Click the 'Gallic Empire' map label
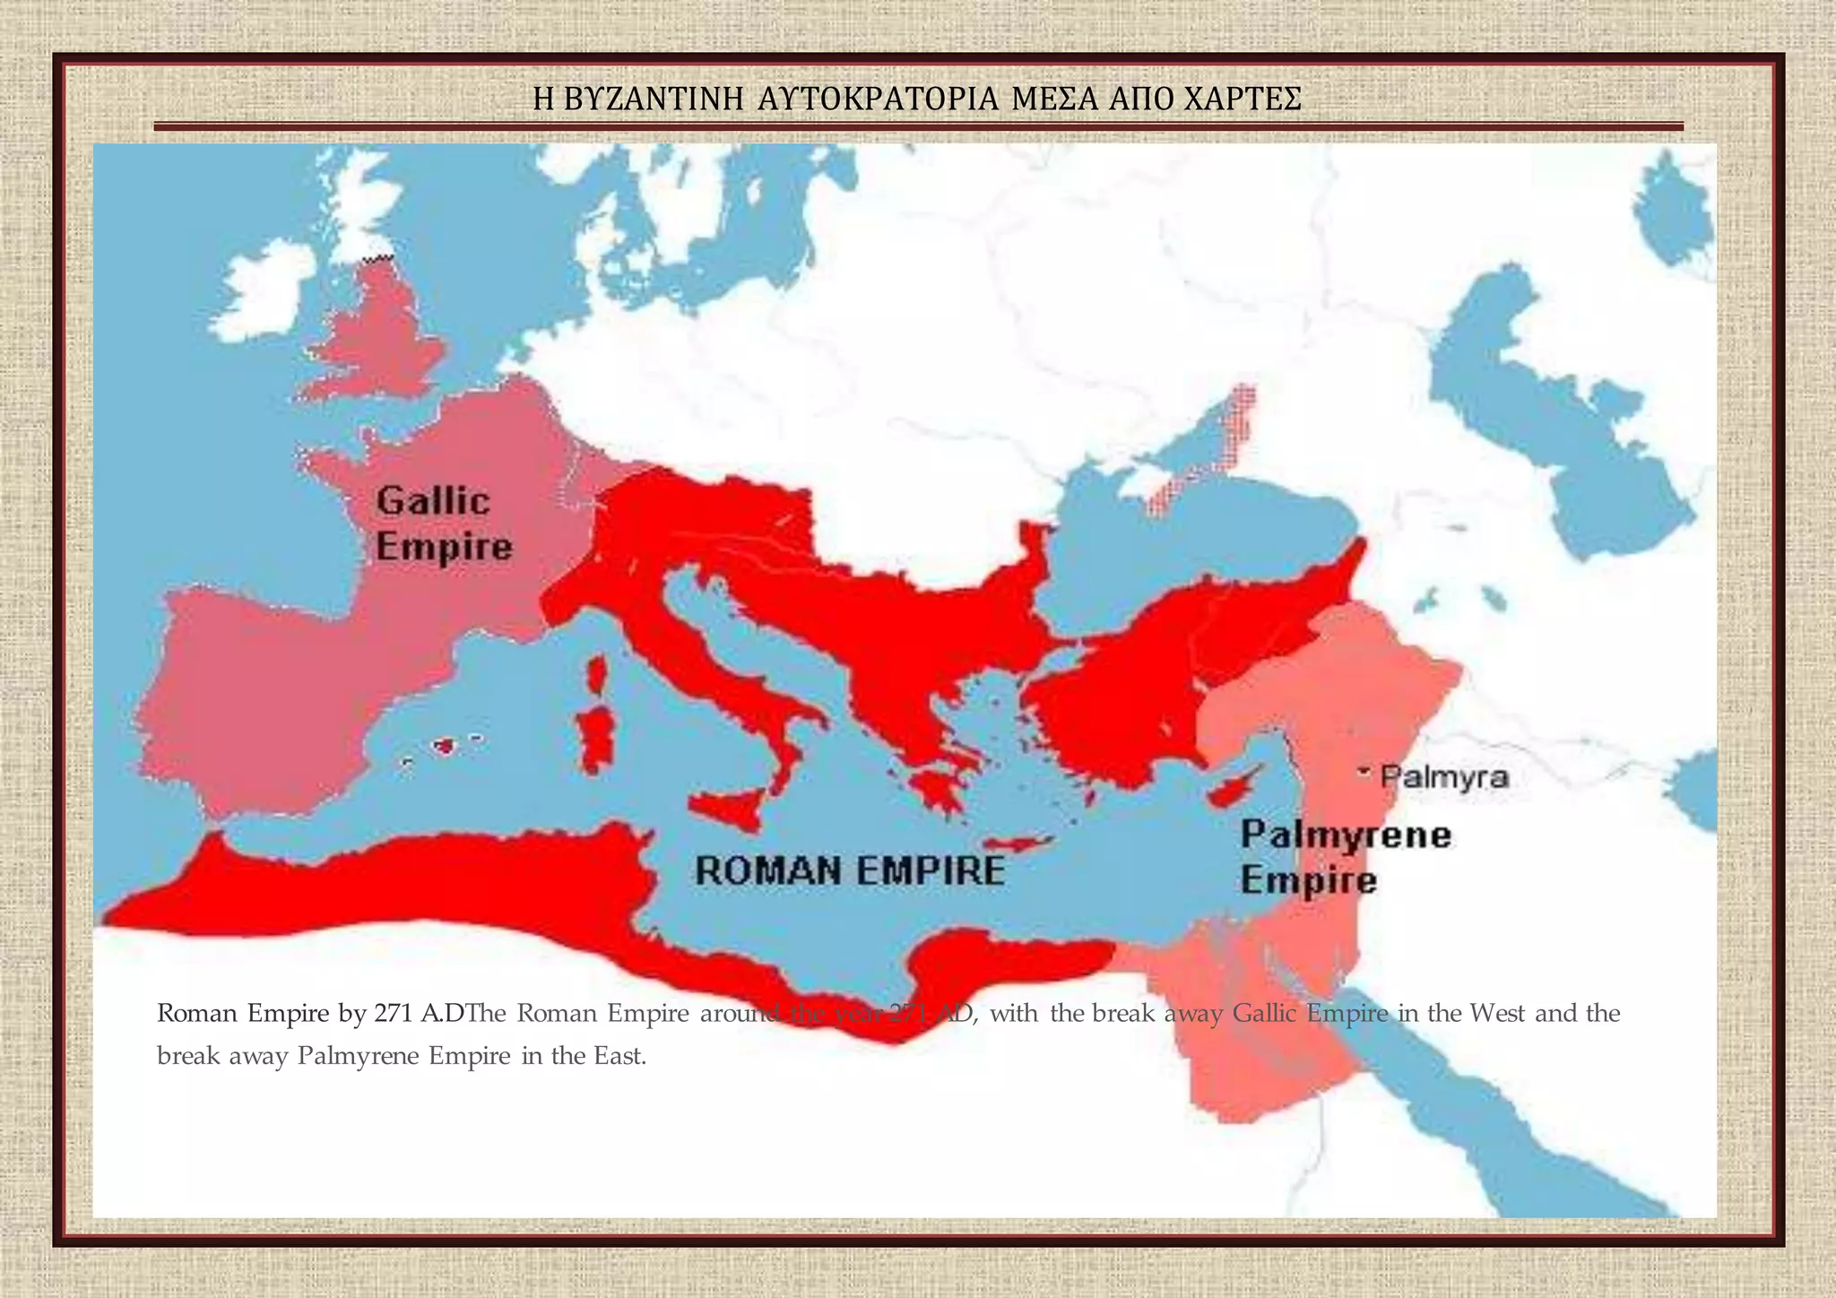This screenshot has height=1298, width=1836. coord(444,524)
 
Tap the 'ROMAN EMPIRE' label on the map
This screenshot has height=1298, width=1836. coord(850,871)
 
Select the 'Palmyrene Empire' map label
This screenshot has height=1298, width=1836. coord(1345,857)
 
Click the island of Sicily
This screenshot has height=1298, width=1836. coord(731,809)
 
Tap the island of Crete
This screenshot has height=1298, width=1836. coord(1019,844)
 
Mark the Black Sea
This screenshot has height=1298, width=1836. coord(1201,538)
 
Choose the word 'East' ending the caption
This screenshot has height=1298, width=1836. coord(619,1056)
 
